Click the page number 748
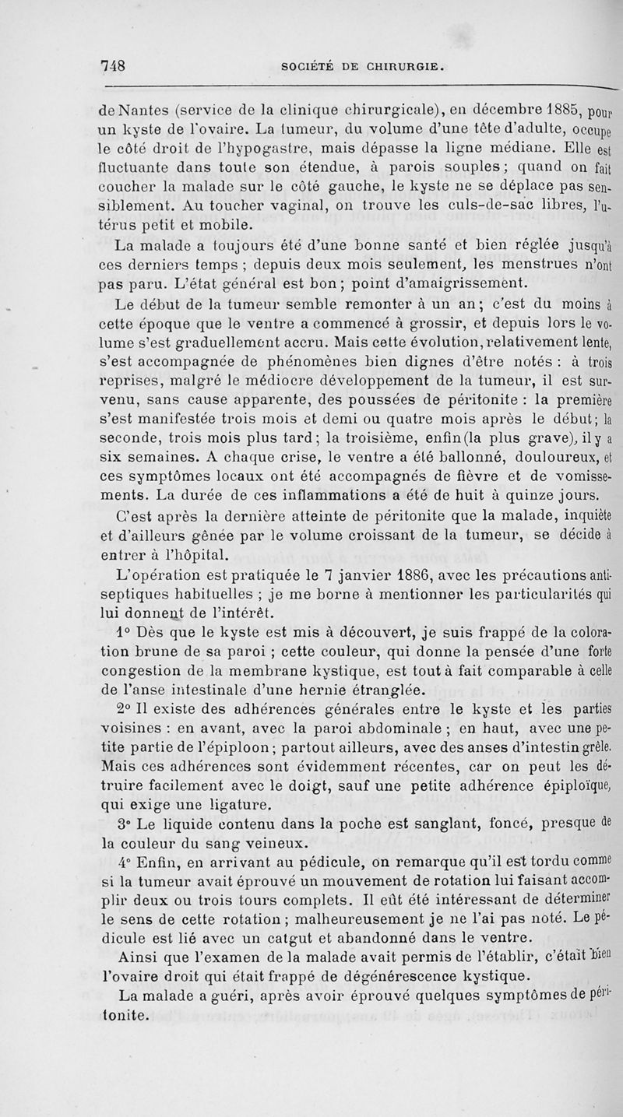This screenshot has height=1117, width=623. pyautogui.click(x=114, y=65)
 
